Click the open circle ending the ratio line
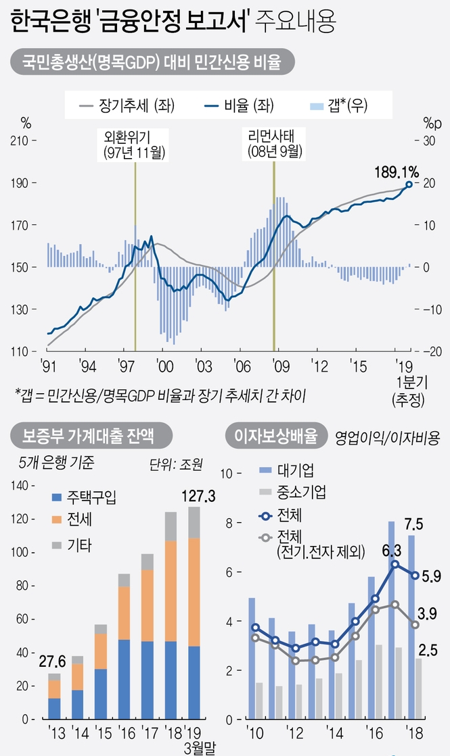click(409, 184)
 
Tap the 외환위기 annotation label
click(135, 143)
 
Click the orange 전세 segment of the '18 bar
click(171, 590)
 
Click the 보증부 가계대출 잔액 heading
click(88, 436)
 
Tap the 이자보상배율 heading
click(274, 436)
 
